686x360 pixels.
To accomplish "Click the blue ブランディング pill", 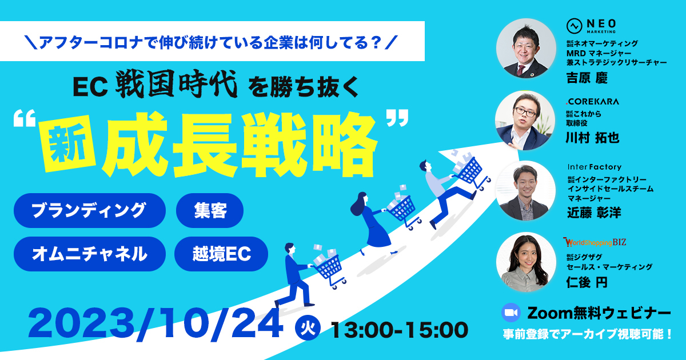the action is [89, 210].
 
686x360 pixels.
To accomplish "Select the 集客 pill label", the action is [210, 210].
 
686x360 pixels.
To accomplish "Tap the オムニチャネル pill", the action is [89, 254].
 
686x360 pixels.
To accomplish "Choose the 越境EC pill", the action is [221, 254].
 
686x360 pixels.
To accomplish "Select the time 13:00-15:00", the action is [400, 330].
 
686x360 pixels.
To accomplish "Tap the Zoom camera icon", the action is [511, 313].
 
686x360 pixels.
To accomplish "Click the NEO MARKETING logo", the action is [591, 26].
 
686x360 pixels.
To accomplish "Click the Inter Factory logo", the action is [595, 167].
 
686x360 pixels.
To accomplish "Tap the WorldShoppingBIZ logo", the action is [595, 242].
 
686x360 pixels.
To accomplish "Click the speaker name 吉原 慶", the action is [587, 78].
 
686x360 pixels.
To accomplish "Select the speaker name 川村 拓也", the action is [593, 138].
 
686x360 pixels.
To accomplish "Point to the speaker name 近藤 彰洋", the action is [594, 213].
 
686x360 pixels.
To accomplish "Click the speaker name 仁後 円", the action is [587, 282].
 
